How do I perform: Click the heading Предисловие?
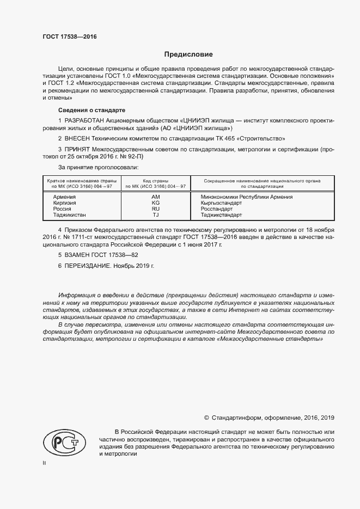[188, 54]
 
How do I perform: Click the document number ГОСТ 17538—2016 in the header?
[70, 36]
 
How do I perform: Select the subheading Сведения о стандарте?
[91, 109]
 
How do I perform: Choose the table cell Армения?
[64, 197]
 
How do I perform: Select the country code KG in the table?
[155, 203]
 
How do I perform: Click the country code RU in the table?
[155, 208]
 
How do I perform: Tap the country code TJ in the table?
[155, 215]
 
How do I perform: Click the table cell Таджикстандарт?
[222, 215]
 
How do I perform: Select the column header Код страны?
[155, 180]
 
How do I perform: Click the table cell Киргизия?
[64, 203]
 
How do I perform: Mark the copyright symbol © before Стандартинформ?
[206, 418]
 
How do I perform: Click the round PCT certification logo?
[60, 442]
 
